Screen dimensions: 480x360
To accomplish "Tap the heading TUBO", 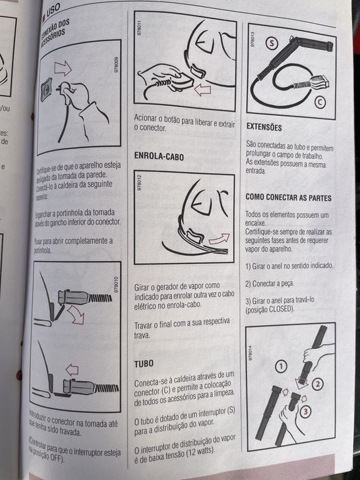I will (144, 363).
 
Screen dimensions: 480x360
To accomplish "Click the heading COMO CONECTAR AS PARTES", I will (288, 197).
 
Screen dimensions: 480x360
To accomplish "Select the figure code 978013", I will (253, 43).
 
